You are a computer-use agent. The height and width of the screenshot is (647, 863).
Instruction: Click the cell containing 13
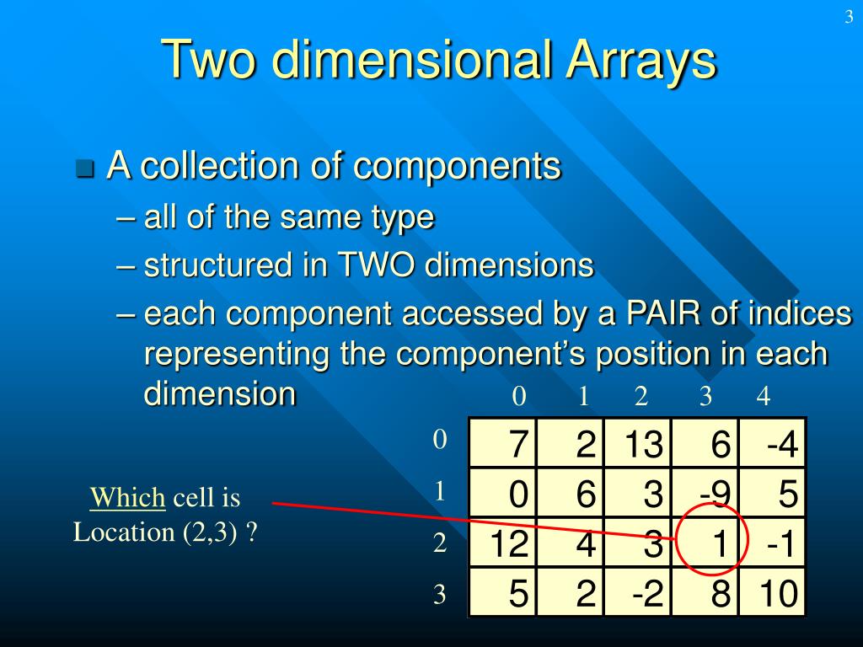[638, 444]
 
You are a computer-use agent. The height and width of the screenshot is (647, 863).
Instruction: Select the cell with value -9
[705, 494]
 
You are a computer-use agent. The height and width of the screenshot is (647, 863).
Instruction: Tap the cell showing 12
[502, 544]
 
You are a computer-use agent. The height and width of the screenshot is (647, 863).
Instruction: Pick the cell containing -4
[773, 444]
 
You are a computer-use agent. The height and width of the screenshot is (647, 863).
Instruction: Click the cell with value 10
[773, 594]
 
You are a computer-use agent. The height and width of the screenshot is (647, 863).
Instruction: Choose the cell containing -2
[638, 594]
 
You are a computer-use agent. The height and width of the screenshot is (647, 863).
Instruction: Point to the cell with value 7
[502, 444]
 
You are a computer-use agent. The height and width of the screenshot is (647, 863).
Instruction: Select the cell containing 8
[705, 594]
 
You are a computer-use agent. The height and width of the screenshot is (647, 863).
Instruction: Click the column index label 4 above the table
[764, 397]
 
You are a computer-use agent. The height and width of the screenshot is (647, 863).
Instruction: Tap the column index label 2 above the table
[641, 397]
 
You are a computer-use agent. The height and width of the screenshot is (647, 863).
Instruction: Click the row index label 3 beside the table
[439, 596]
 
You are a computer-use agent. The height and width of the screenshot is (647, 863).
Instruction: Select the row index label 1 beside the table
[439, 491]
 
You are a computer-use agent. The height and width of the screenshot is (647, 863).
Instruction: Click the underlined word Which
[127, 498]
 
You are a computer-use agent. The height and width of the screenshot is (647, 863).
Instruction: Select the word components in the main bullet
[456, 166]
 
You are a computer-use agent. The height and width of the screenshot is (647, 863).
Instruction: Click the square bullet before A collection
[84, 168]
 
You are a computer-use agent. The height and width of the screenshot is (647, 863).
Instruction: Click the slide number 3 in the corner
[849, 18]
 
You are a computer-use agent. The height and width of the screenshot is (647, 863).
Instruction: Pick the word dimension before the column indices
[220, 394]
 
